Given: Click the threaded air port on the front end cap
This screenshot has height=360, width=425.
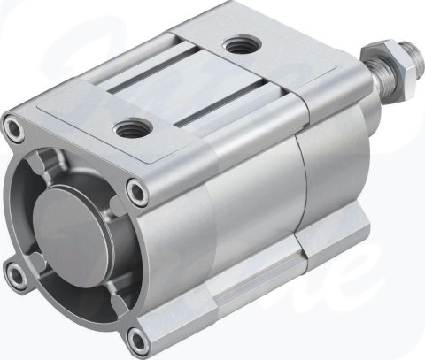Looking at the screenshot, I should point(131,129).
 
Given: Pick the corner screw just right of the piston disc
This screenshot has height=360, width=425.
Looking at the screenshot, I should point(134,189).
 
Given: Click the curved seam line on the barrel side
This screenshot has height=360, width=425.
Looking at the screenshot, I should point(297,203).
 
